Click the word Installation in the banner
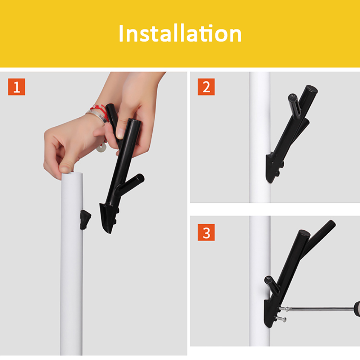(180, 33)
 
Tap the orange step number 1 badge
(17, 87)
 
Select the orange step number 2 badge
(206, 87)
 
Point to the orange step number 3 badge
(206, 232)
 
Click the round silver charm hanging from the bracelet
(101, 148)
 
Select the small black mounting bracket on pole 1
(85, 220)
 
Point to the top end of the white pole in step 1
(72, 174)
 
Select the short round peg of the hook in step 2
(294, 104)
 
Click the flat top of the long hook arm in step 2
(311, 89)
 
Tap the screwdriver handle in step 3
(357, 309)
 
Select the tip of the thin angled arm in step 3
(332, 223)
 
